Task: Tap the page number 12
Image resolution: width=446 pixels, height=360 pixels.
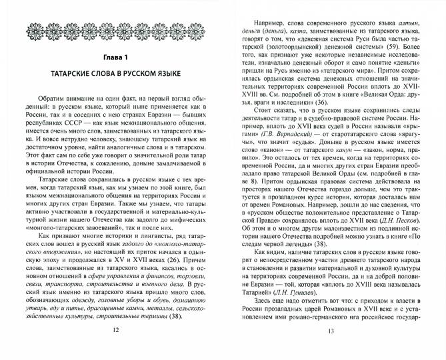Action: click(x=117, y=347)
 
